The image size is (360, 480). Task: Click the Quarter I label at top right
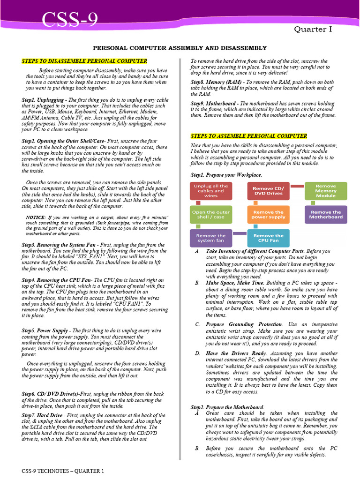[313, 30]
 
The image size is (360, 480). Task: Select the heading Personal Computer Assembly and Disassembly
[180, 48]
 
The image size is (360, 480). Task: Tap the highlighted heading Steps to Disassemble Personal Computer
[84, 61]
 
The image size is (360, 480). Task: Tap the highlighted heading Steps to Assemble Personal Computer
[249, 136]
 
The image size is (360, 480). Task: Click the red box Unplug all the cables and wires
[210, 191]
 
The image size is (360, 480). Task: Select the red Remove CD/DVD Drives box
[268, 191]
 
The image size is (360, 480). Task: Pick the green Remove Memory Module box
[325, 191]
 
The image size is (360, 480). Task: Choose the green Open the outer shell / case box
[210, 215]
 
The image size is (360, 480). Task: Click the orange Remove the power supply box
[268, 215]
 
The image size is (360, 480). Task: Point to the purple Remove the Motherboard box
[325, 215]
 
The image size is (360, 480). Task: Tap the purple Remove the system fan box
[210, 238]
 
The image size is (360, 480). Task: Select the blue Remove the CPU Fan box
[268, 238]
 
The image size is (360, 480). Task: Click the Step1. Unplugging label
[43, 100]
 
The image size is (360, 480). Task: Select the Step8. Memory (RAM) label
[215, 82]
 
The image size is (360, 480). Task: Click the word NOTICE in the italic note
[36, 217]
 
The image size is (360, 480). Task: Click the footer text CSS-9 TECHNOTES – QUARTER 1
[63, 470]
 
